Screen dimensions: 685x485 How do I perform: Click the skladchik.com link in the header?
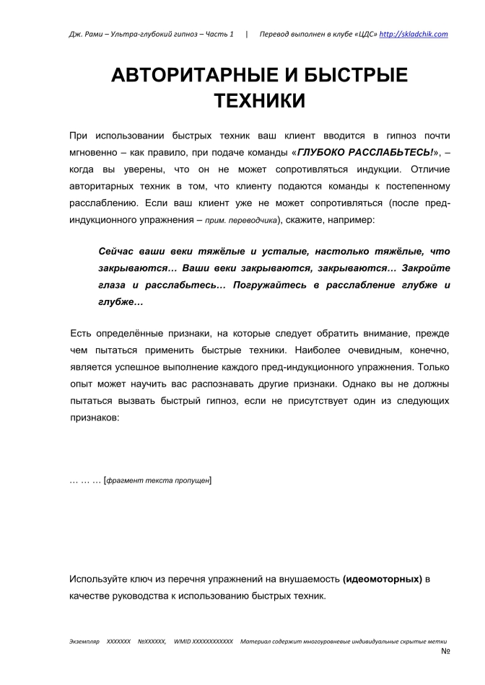click(414, 34)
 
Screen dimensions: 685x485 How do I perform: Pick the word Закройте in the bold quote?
click(426, 269)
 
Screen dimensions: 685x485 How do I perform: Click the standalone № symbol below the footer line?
click(445, 651)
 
